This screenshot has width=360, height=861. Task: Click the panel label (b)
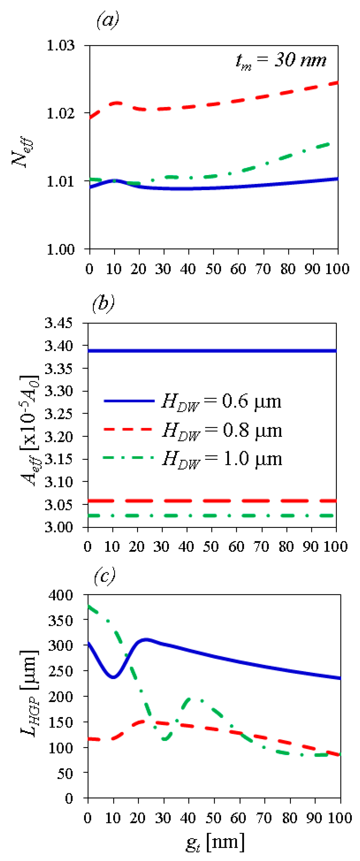coord(103,303)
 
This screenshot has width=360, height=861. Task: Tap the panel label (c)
coord(104,576)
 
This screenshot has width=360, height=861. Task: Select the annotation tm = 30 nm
coord(281,61)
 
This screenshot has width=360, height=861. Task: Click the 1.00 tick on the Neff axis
coord(61,249)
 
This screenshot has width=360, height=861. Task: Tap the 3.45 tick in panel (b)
coord(59,323)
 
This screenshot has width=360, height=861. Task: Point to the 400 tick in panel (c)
coord(61,595)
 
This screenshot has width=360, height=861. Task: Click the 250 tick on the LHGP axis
coord(61,671)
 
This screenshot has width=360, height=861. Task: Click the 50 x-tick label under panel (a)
coord(213,269)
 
